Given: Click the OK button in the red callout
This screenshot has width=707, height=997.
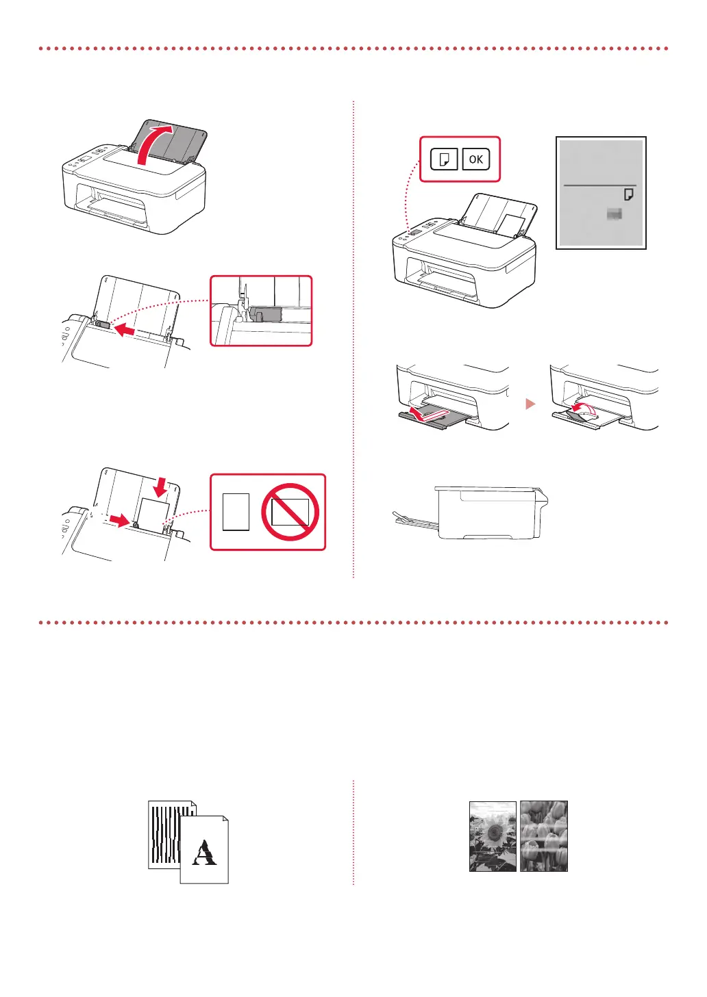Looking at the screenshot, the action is tap(475, 159).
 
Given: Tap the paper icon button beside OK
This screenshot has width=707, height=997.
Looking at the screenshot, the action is tap(444, 159).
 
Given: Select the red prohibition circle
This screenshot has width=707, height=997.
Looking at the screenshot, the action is tap(290, 512).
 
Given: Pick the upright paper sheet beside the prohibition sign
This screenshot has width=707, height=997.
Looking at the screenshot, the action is tap(236, 512).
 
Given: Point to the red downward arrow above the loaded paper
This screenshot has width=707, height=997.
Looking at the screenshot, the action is tap(160, 487).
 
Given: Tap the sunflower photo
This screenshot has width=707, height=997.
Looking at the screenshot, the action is tap(493, 836).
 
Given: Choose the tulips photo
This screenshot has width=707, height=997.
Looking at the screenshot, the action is tap(544, 836).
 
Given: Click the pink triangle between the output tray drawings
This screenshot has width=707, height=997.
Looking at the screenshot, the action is tap(530, 404).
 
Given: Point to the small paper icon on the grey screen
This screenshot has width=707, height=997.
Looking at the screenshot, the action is tap(628, 195).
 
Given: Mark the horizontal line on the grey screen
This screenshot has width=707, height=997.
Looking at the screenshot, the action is tap(599, 185).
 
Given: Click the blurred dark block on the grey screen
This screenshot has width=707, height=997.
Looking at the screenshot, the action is tap(614, 215).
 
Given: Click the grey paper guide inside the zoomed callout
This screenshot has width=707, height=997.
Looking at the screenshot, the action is tap(266, 314).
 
